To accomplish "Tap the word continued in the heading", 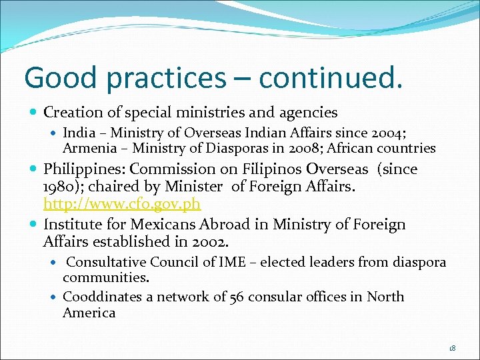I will point(331,77).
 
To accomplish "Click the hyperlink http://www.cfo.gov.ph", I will point(122,203).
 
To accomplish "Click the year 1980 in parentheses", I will point(58,187).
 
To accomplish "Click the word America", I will point(89,313).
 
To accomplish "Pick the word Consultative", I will point(107,262).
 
